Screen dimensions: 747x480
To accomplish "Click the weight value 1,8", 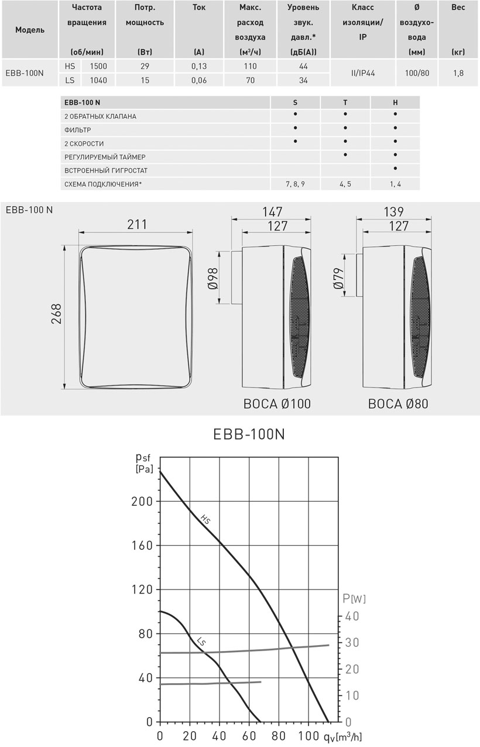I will (458, 73).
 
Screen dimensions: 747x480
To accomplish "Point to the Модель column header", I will (29, 30).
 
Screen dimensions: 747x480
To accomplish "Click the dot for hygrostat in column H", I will (396, 169).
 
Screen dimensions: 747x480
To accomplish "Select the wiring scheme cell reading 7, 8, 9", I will (295, 184).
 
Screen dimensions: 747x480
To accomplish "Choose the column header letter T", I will (345, 102).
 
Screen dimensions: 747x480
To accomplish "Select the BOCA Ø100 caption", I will (277, 404).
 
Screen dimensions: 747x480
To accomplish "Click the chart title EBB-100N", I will (249, 435).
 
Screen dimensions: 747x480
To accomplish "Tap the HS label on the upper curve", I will (205, 519).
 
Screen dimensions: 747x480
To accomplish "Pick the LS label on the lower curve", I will (201, 642).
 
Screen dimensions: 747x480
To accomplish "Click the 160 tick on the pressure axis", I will (141, 546).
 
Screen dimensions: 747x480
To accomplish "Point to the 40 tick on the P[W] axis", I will (352, 616).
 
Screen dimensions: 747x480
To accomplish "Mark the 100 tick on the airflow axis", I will (308, 735).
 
